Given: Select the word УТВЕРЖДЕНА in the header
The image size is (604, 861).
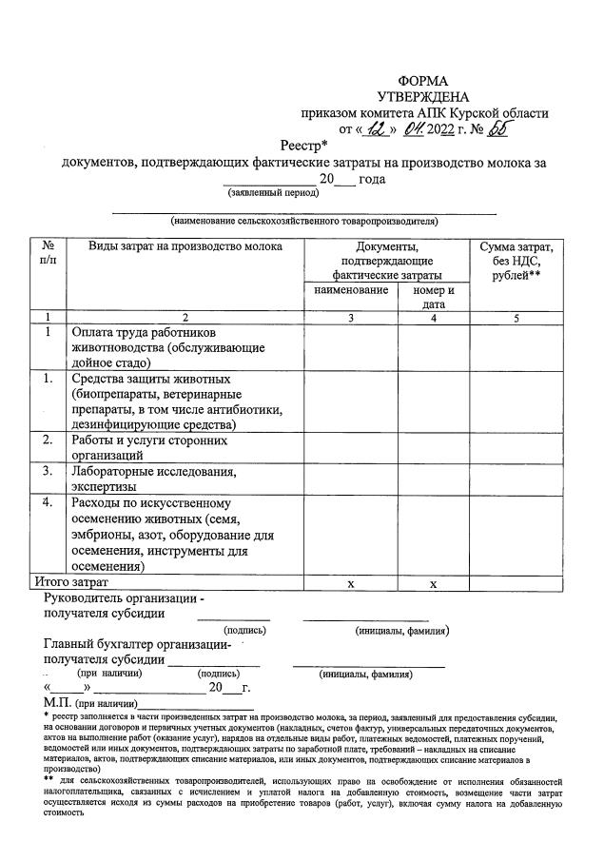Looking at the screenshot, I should point(422,97).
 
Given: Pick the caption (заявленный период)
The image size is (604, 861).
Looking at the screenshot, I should point(272,192).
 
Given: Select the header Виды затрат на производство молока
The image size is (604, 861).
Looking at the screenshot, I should point(185,247).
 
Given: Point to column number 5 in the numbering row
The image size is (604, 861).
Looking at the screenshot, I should point(516,318).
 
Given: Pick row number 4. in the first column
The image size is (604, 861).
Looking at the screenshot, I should point(48,501).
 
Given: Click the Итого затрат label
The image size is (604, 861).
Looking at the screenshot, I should point(71,581).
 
